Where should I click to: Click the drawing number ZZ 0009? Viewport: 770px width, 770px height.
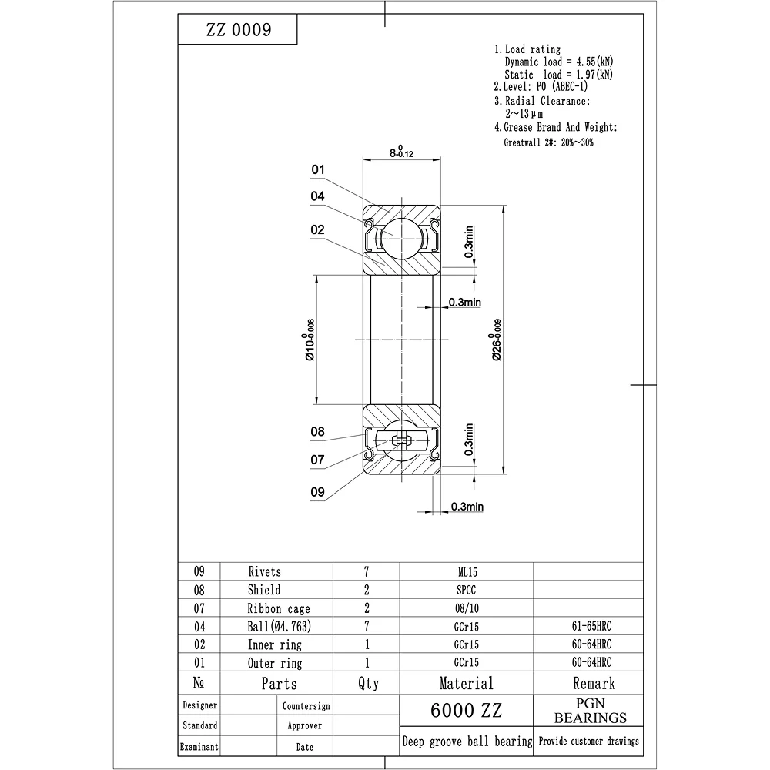(x=239, y=29)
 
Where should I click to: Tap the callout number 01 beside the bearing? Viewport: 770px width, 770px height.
(x=318, y=169)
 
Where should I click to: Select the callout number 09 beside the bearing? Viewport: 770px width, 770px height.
(x=318, y=491)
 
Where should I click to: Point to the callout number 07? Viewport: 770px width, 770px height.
(x=317, y=460)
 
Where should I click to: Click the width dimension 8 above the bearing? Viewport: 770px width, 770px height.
(x=401, y=152)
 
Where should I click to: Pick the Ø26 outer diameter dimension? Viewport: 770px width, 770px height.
(x=496, y=340)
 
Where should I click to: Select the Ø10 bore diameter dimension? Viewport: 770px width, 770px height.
(x=309, y=340)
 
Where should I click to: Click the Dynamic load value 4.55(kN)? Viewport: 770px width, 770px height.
(x=594, y=62)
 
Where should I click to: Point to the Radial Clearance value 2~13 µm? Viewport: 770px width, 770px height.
(x=524, y=114)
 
